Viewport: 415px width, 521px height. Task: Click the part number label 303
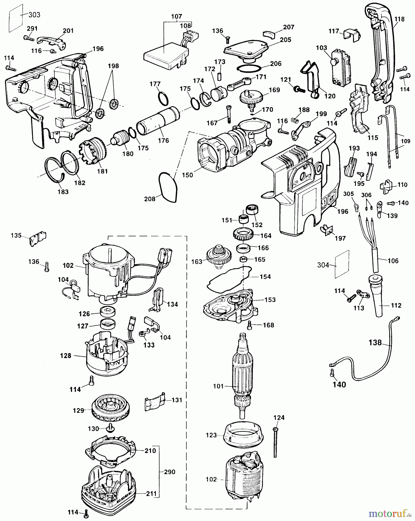(34, 15)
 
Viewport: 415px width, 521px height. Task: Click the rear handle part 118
(379, 52)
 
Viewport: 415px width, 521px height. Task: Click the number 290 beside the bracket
(169, 472)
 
